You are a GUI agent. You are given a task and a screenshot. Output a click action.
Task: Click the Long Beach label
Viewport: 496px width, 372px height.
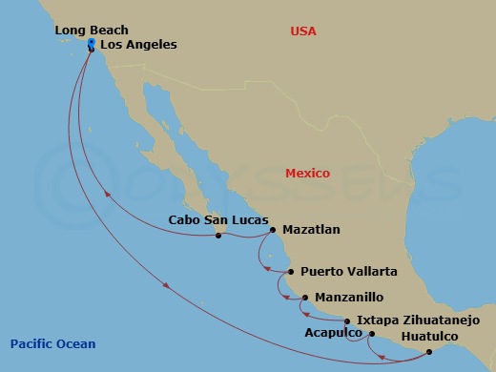(92, 31)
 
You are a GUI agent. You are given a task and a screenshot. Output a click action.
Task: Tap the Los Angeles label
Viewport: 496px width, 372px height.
(138, 45)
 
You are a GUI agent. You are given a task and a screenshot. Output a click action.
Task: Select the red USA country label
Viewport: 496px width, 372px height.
(302, 31)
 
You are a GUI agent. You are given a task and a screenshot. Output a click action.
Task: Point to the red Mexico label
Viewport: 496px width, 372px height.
(307, 174)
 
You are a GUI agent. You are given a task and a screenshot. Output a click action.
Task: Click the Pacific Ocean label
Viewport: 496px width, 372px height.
(52, 344)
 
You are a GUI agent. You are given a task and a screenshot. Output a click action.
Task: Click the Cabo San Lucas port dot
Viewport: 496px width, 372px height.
(218, 235)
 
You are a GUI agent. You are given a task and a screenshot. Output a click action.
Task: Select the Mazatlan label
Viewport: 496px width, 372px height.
(311, 230)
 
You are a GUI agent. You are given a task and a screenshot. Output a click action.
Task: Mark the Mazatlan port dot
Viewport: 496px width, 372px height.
(273, 230)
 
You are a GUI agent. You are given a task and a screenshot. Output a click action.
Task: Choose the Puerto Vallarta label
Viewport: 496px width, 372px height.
(348, 272)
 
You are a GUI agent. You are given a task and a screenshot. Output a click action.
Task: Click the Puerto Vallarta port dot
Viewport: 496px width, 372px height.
(291, 272)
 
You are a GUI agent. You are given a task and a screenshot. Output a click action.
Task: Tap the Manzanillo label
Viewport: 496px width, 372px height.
(348, 297)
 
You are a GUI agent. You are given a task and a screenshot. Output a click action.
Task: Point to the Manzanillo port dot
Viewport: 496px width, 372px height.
(305, 298)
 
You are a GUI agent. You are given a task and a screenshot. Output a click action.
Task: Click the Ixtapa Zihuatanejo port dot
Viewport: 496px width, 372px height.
(347, 321)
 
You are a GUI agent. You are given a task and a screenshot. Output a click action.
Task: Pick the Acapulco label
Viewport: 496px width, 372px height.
(333, 334)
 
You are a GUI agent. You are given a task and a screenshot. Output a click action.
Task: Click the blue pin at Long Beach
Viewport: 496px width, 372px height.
(91, 44)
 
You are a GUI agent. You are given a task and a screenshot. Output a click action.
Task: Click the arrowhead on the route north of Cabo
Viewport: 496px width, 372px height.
(108, 195)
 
